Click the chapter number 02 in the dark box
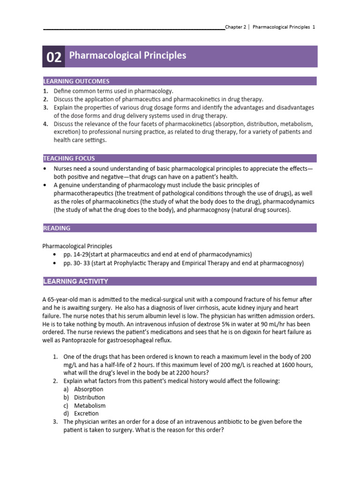[54, 57]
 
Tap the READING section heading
[57, 228]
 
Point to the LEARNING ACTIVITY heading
[75, 281]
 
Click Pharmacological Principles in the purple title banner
[127, 56]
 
